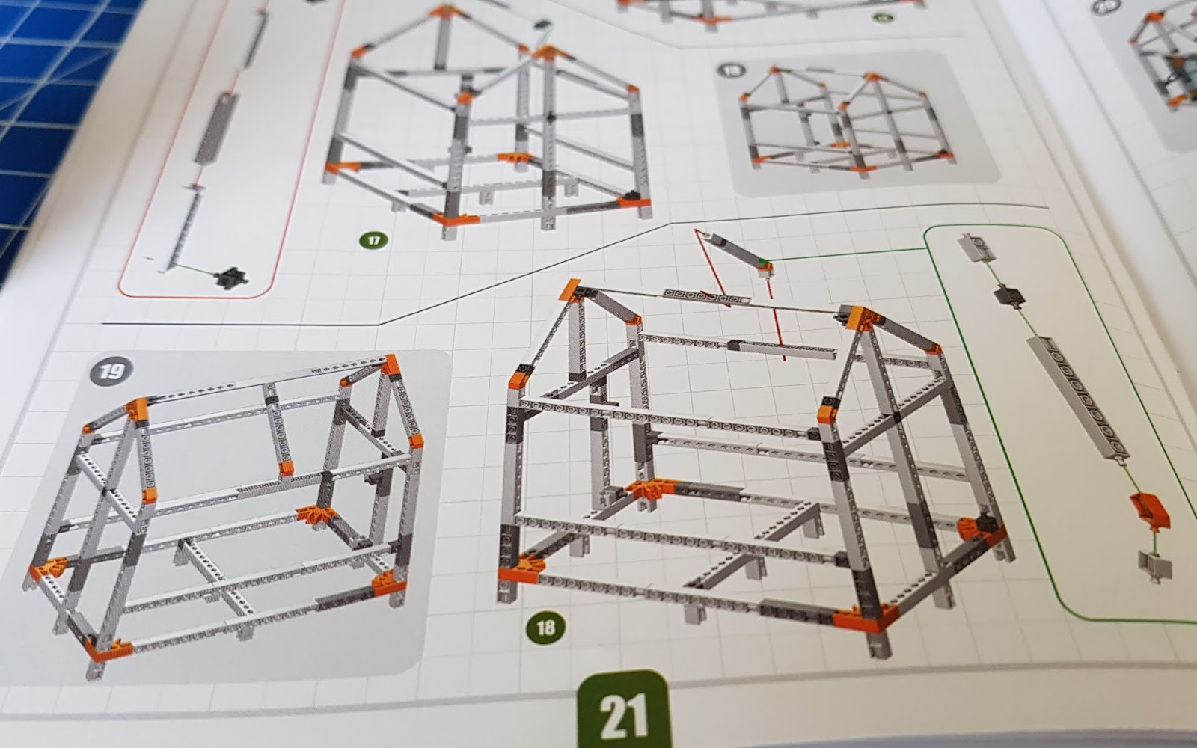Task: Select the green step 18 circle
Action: (545, 626)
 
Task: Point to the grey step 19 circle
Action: (111, 370)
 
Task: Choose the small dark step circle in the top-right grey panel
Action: (730, 71)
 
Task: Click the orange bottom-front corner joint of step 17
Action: (456, 219)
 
